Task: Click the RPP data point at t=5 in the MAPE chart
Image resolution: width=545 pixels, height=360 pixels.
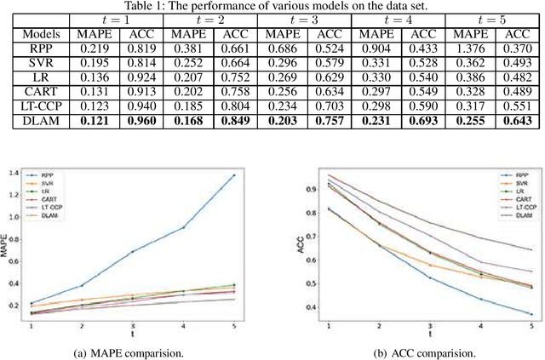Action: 257,175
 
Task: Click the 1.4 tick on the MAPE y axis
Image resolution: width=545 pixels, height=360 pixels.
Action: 20,173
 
